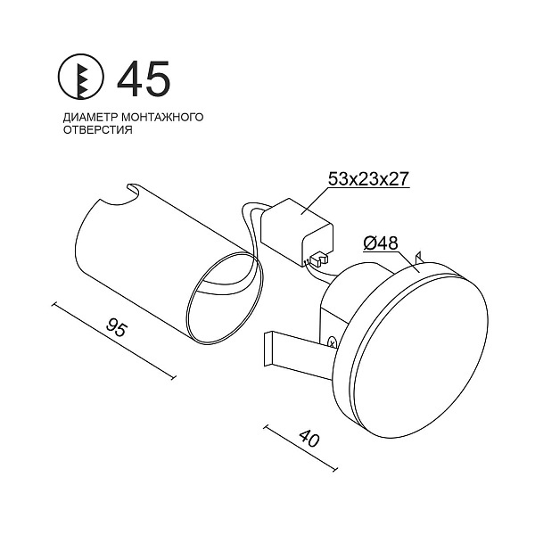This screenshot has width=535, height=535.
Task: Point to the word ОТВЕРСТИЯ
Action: pyautogui.click(x=97, y=129)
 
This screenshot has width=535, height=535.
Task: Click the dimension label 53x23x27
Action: pyautogui.click(x=367, y=179)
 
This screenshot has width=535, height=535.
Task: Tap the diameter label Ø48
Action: pyautogui.click(x=381, y=243)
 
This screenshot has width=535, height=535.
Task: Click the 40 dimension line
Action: pyautogui.click(x=303, y=451)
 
